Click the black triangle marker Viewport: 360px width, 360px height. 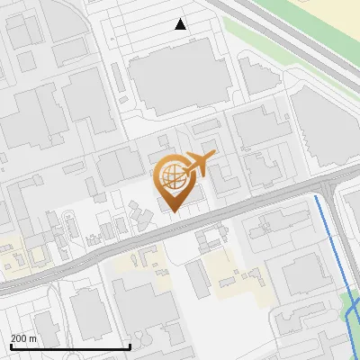181,24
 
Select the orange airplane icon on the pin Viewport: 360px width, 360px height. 200,164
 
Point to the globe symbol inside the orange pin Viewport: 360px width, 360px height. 171,175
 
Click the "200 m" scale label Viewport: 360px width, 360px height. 23,338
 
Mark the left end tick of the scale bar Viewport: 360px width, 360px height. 10,346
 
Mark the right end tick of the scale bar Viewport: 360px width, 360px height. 130,346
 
